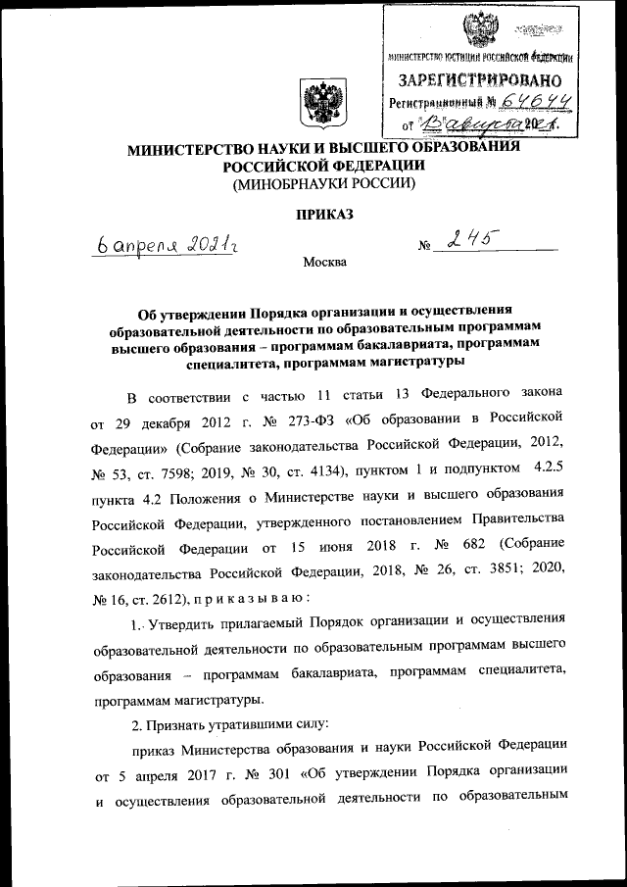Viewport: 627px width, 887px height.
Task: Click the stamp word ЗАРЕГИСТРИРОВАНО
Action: coord(479,78)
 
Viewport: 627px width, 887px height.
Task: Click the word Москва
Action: coord(324,262)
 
